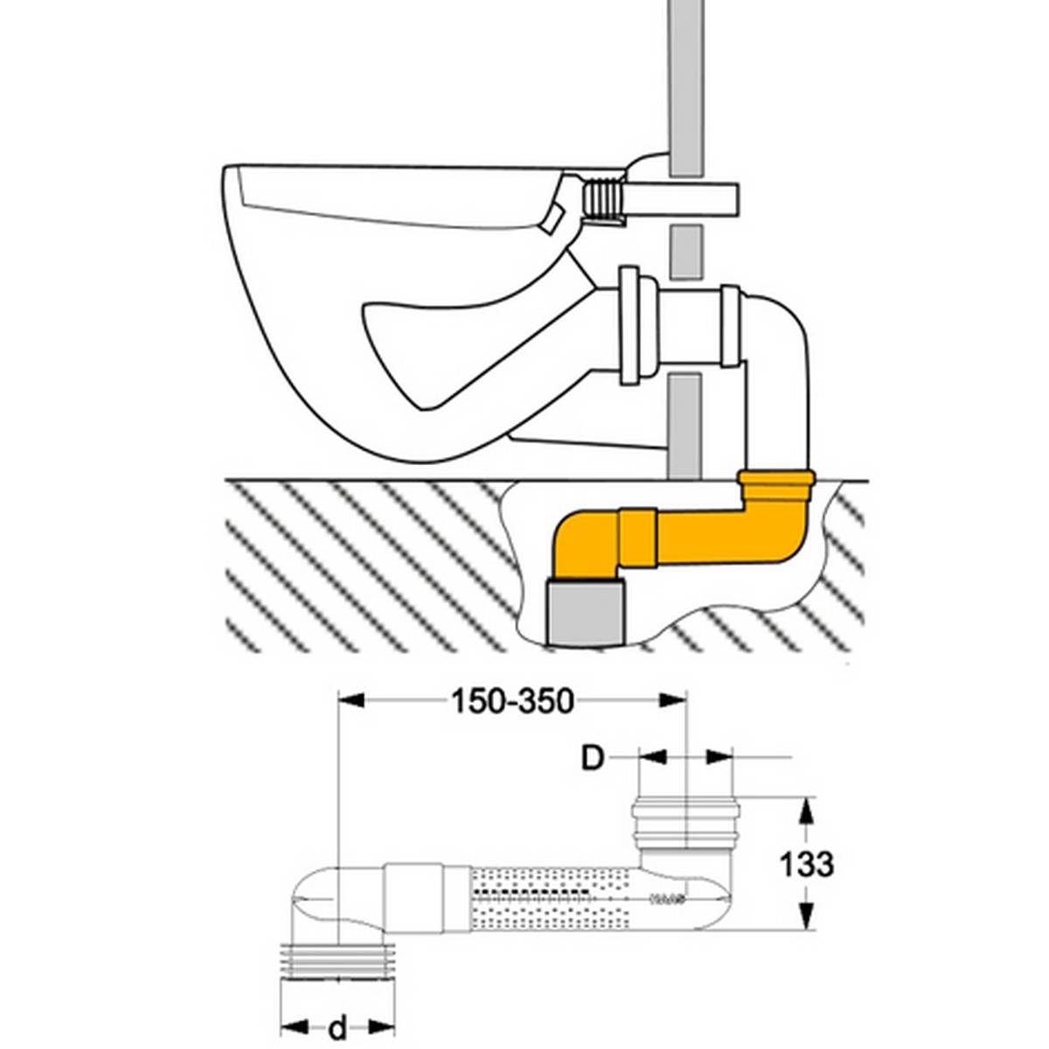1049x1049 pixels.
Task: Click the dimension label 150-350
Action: click(512, 700)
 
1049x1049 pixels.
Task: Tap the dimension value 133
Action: click(805, 864)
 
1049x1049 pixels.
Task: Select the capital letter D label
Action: click(594, 758)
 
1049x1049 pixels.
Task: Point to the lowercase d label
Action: click(337, 1029)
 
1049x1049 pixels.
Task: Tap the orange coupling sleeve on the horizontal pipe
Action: click(638, 542)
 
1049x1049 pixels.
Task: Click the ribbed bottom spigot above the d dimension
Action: click(336, 959)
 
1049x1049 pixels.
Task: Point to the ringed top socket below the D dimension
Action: click(686, 822)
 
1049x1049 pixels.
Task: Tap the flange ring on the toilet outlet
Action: click(629, 326)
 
